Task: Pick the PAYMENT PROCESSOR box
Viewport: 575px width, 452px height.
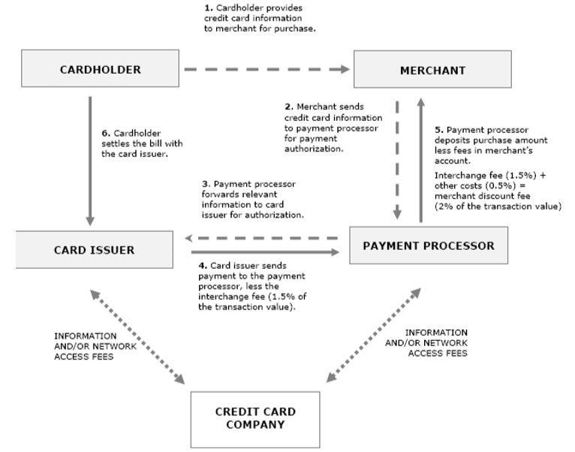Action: [428, 246]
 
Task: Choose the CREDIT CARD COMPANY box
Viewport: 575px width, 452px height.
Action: [255, 418]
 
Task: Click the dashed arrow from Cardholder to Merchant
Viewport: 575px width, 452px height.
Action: [266, 70]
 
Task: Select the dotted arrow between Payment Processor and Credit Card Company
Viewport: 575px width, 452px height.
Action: [372, 333]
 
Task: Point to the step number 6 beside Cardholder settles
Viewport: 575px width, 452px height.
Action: [104, 133]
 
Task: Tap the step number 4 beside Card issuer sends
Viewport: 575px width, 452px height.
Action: [202, 266]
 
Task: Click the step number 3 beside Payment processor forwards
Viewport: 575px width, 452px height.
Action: [204, 183]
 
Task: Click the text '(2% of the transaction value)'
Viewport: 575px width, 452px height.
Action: [498, 206]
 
